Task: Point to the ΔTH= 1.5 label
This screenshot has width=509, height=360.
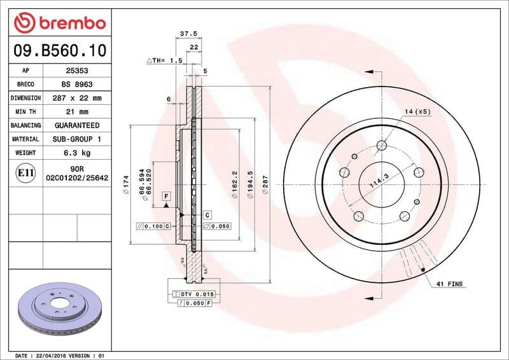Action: click(164, 60)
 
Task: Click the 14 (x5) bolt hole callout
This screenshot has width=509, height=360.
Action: click(417, 111)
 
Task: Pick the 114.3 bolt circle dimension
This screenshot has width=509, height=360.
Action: click(379, 183)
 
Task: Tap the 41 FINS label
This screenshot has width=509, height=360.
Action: click(450, 283)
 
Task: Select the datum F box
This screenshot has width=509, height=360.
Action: click(166, 196)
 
